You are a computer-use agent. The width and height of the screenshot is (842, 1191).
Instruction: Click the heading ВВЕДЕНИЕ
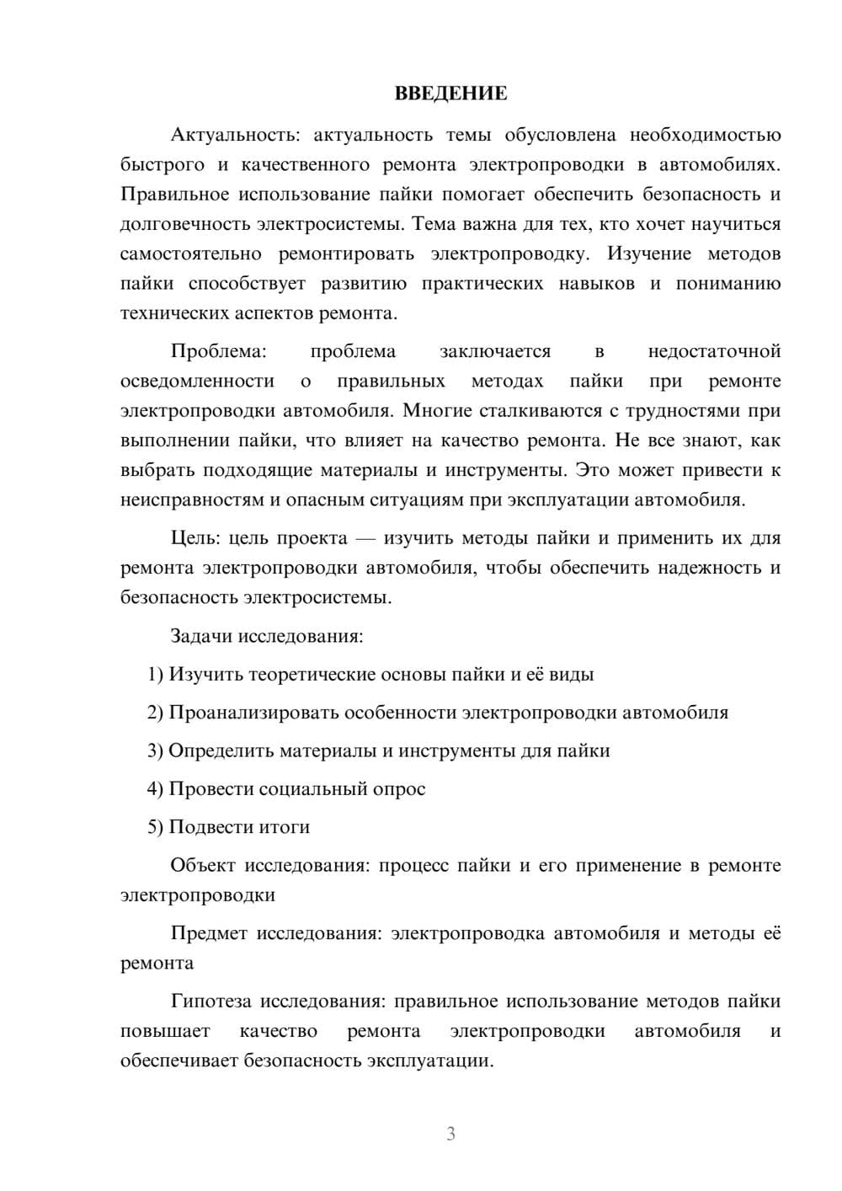(x=450, y=93)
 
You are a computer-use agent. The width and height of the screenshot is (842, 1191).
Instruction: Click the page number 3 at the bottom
(x=450, y=1134)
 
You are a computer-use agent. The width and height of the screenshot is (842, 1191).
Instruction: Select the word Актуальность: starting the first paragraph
(x=217, y=135)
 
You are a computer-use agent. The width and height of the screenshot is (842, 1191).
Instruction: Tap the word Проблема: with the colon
(x=218, y=351)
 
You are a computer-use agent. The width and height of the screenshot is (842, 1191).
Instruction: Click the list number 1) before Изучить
(x=155, y=674)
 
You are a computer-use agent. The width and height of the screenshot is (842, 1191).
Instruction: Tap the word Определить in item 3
(x=221, y=750)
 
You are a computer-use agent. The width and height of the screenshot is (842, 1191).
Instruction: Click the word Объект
(x=204, y=866)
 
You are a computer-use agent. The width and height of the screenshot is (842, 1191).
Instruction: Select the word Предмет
(x=209, y=933)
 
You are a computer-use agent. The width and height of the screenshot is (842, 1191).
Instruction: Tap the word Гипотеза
(x=212, y=1001)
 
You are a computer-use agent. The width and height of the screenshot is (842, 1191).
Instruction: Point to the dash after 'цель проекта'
(x=365, y=538)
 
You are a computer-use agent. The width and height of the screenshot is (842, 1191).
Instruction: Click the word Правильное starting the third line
(x=174, y=195)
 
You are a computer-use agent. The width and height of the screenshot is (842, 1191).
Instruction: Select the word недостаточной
(x=714, y=351)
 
